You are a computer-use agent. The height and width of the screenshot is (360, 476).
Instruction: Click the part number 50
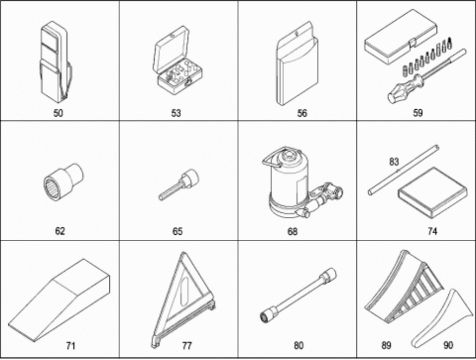point(59,113)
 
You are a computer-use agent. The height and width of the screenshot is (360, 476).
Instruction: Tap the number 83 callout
point(394,162)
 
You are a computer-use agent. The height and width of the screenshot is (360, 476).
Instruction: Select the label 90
point(448,345)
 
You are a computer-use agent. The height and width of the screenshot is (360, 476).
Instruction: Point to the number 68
point(293,231)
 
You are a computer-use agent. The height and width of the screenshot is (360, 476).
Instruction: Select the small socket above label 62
point(63,179)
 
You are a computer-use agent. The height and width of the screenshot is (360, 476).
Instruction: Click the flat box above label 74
point(432,192)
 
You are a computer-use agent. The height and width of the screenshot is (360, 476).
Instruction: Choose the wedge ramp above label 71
point(59,300)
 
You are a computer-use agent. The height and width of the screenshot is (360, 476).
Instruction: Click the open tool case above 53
point(177,61)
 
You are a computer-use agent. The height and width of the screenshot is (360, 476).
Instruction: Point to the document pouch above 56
point(297,63)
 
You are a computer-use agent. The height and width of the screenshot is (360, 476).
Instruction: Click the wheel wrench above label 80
point(298,295)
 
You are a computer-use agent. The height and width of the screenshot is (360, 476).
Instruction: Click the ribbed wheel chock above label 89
point(404,288)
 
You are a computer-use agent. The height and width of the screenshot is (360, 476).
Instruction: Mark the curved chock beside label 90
point(441,317)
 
